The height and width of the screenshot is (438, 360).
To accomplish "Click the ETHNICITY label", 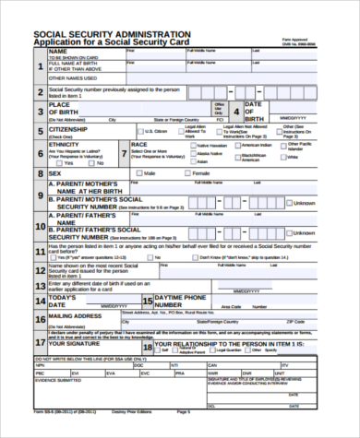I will tap(65, 145).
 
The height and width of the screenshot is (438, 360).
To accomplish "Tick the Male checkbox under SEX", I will tap(138, 173).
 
